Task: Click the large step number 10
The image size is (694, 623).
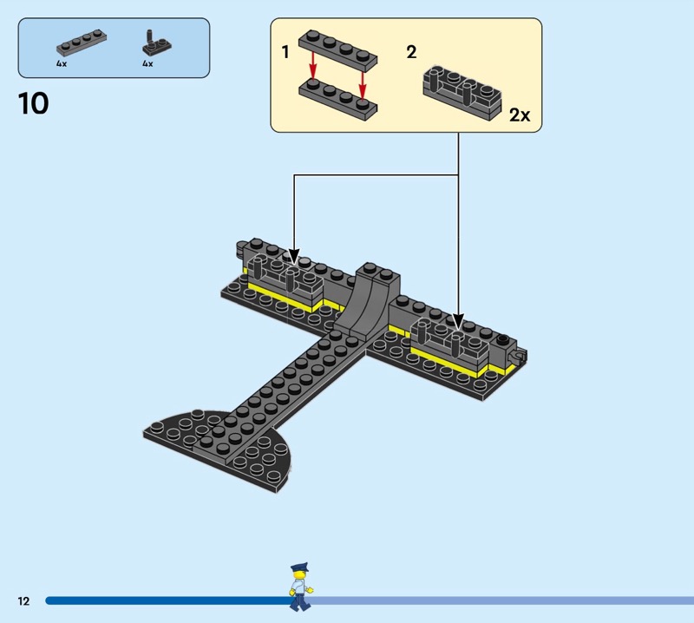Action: (33, 104)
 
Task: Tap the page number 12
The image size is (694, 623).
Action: (23, 600)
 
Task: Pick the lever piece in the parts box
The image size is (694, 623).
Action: (154, 43)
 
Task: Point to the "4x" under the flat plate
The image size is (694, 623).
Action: (62, 63)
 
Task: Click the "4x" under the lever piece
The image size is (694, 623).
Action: (147, 63)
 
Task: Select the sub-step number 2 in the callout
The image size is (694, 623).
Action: (411, 52)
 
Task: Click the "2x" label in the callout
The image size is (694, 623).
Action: (519, 115)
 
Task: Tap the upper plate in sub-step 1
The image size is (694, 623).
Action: (338, 51)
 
